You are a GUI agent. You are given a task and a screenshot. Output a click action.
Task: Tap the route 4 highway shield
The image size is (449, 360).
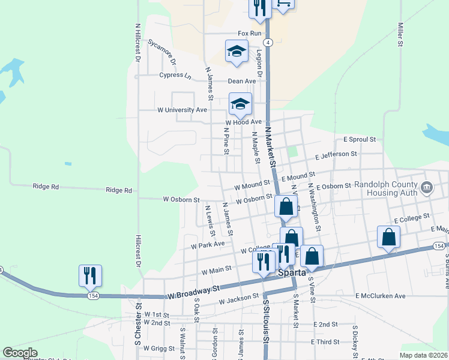point(268,42)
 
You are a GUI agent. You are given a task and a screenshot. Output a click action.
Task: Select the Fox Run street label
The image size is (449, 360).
point(250,33)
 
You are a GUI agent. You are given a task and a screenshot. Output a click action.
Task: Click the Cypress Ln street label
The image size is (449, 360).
point(175,76)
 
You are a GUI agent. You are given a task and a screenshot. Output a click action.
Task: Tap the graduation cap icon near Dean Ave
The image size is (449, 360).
point(237,51)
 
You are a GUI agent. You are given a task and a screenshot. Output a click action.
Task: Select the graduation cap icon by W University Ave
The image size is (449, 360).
point(240,104)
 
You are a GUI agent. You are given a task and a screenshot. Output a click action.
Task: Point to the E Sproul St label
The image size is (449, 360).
point(359,139)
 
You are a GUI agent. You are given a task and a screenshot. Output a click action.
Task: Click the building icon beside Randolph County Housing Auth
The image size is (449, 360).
point(427,188)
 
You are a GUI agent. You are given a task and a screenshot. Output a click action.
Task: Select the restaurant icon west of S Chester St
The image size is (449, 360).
point(90,275)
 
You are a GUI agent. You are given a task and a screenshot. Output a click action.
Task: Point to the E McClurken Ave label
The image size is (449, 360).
point(381,296)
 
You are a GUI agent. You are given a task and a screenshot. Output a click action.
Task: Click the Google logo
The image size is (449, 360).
point(20,353)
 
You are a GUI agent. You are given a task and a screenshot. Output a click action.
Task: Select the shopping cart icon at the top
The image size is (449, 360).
point(283,4)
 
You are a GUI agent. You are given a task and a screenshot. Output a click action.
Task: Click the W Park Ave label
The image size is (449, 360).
point(208,244)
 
